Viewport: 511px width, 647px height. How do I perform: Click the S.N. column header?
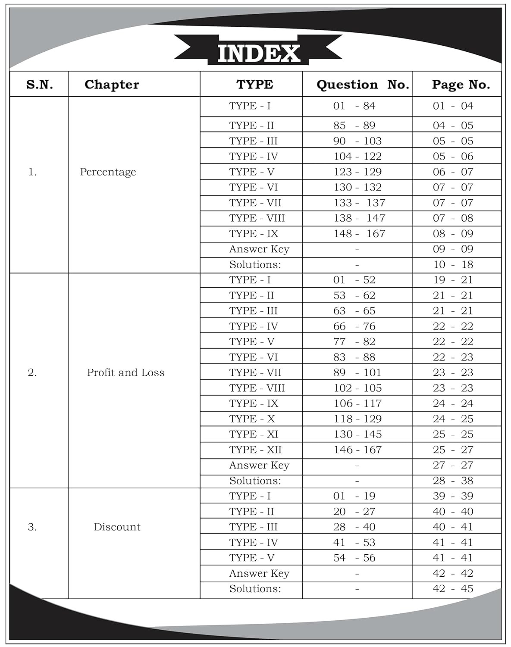(x=40, y=85)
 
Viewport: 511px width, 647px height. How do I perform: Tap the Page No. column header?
(x=461, y=85)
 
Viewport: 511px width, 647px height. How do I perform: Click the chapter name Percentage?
(x=108, y=172)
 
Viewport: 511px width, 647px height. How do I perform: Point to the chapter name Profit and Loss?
(x=125, y=373)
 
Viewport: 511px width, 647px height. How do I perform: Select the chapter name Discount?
(x=117, y=527)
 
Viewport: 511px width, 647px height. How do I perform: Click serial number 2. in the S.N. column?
(x=32, y=373)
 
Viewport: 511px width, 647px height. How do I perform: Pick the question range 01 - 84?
(x=354, y=106)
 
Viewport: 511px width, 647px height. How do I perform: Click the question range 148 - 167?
(x=359, y=234)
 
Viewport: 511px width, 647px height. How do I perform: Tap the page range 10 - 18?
(x=453, y=265)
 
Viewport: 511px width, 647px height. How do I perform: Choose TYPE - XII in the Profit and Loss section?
(x=255, y=450)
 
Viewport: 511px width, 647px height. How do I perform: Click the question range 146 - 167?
(x=357, y=450)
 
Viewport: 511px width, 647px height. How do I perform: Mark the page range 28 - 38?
(x=453, y=481)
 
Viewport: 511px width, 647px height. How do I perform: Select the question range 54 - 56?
(x=354, y=558)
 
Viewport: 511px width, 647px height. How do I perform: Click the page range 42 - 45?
(x=453, y=589)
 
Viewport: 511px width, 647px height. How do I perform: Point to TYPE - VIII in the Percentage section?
(x=257, y=218)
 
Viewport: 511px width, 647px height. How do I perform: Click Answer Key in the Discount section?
(x=259, y=574)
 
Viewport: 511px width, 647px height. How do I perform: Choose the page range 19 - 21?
(x=453, y=280)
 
